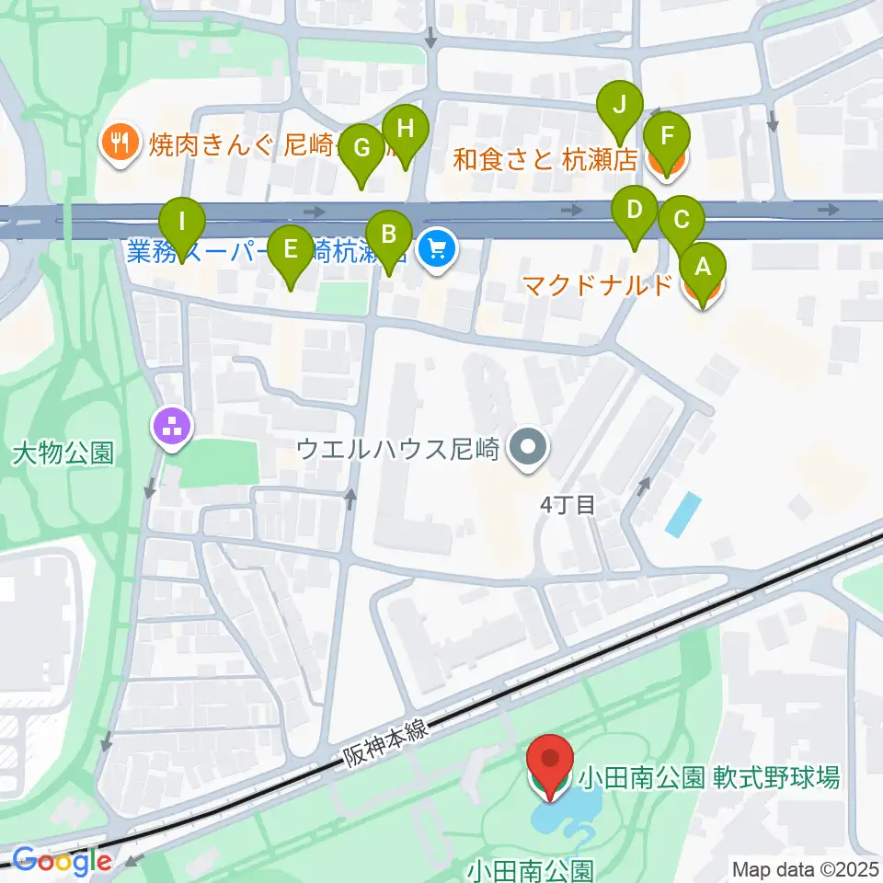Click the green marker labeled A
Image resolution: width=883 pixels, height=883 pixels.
click(x=703, y=268)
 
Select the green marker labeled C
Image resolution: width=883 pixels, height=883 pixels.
click(x=682, y=221)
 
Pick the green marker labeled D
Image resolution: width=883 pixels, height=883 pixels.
click(x=634, y=209)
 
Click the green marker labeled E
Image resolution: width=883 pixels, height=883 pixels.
click(x=291, y=248)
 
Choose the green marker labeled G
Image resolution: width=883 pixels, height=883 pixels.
click(x=361, y=147)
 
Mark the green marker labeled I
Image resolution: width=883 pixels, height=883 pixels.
click(x=182, y=222)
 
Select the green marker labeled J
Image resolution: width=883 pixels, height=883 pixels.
click(x=621, y=104)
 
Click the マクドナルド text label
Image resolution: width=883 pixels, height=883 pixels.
click(x=598, y=285)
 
